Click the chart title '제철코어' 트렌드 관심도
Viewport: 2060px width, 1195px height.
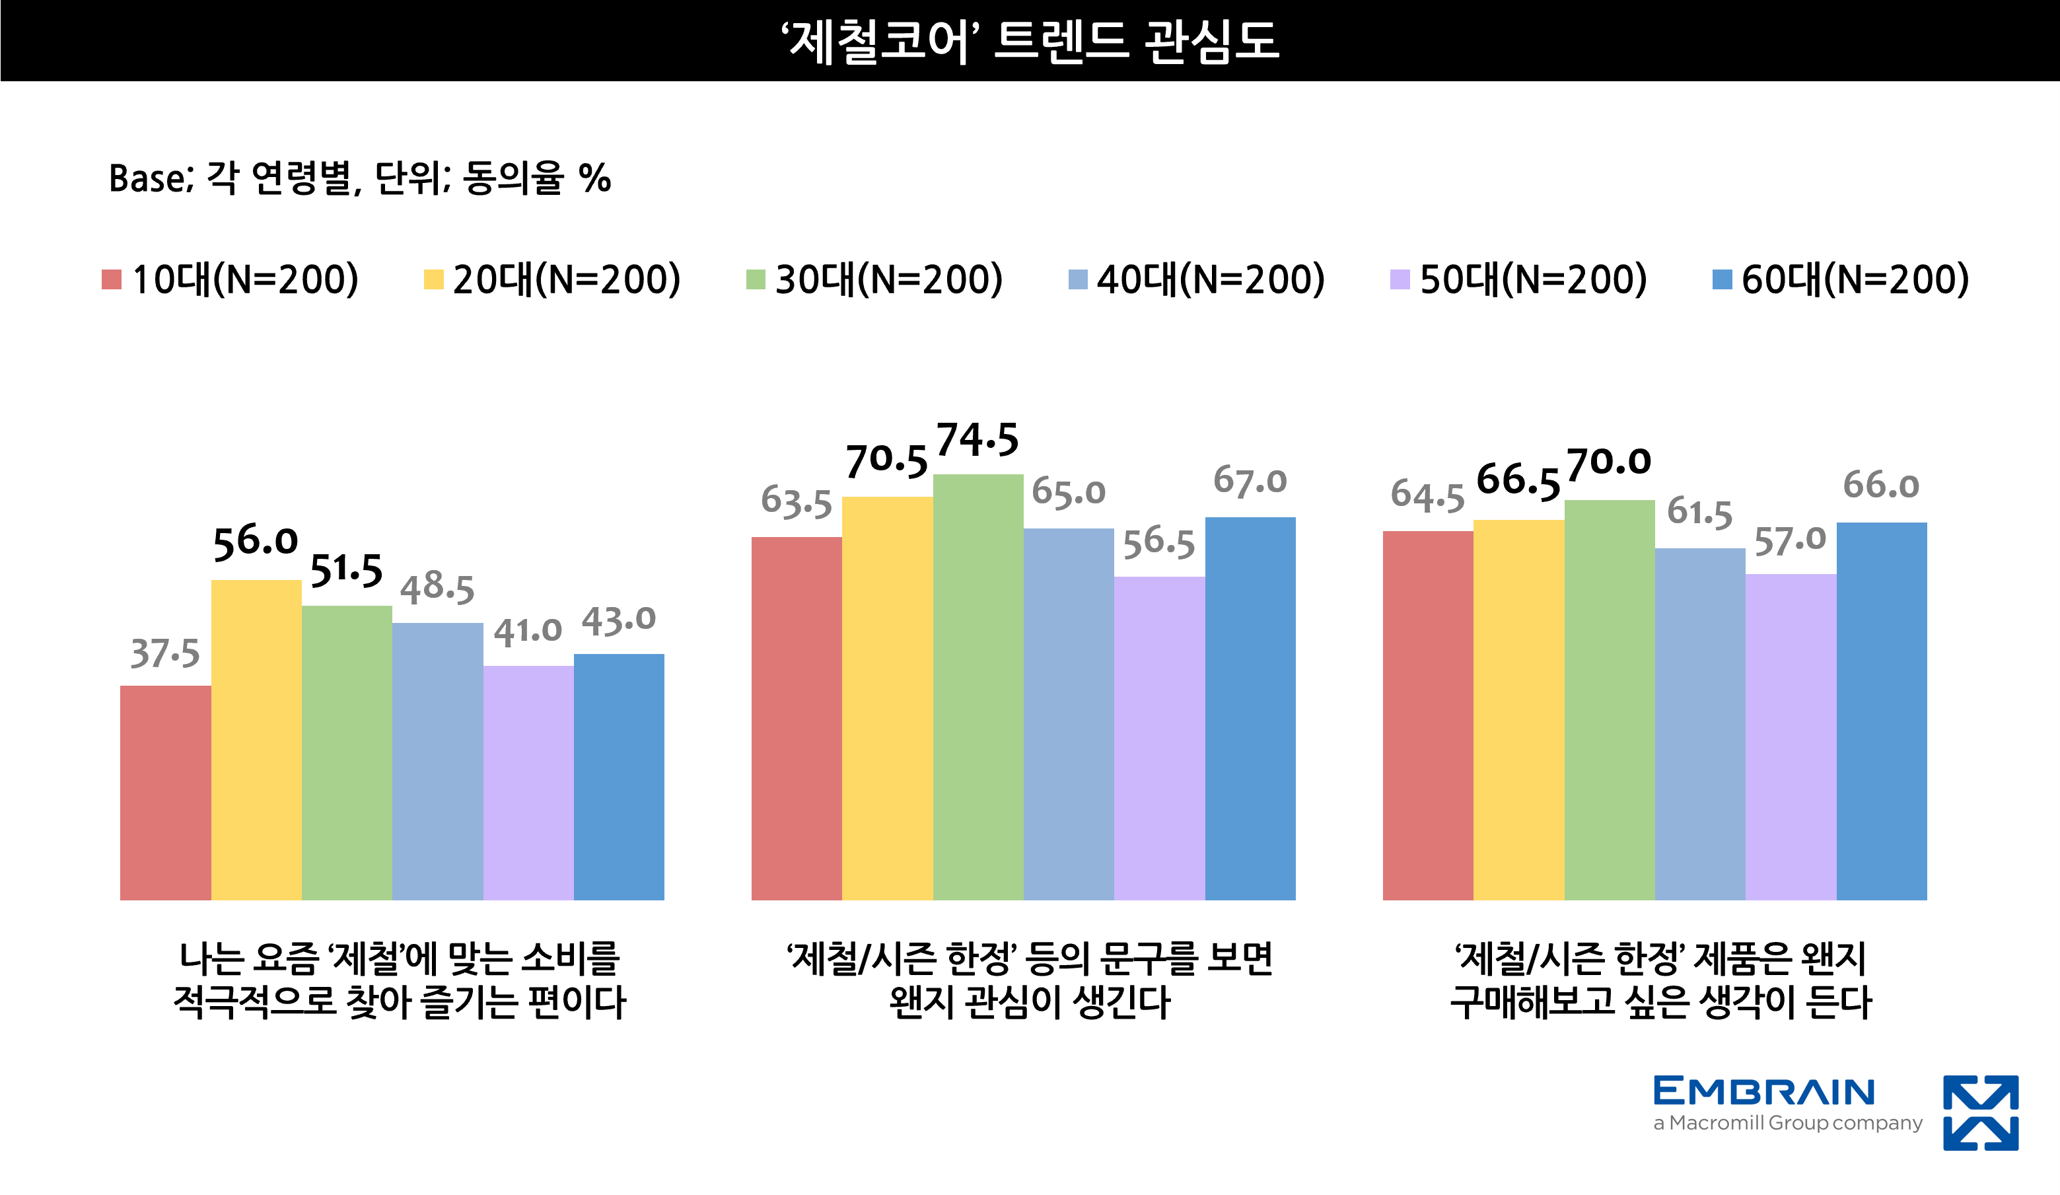pyautogui.click(x=1030, y=41)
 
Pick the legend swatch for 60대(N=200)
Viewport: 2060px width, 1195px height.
pyautogui.click(x=1722, y=279)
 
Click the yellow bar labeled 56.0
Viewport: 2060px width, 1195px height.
pyautogui.click(x=256, y=740)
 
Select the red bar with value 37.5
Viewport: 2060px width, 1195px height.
pyautogui.click(x=165, y=793)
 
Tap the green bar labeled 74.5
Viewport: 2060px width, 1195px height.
pyautogui.click(x=977, y=686)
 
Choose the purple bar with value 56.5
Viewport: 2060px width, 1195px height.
pyautogui.click(x=1158, y=738)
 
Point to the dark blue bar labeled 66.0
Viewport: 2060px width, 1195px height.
pyautogui.click(x=1881, y=711)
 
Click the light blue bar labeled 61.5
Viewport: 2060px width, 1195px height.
pyautogui.click(x=1699, y=723)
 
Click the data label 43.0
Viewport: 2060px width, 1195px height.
pyautogui.click(x=618, y=620)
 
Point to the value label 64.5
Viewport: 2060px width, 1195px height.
pyautogui.click(x=1427, y=496)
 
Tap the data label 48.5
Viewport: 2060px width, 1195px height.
pyautogui.click(x=437, y=588)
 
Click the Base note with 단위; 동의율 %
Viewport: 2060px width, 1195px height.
pyautogui.click(x=360, y=178)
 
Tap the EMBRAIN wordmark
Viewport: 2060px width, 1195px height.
pyautogui.click(x=1764, y=1091)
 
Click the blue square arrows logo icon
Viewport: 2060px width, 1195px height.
pyautogui.click(x=1981, y=1112)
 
